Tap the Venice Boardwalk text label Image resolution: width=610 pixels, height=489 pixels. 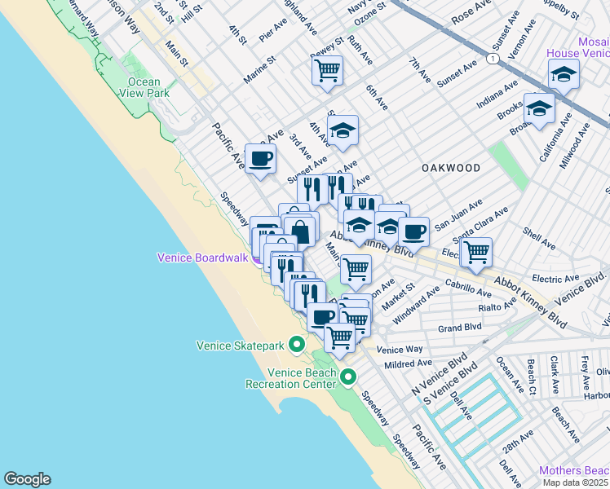click(201, 258)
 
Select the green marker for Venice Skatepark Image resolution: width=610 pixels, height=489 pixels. click(297, 345)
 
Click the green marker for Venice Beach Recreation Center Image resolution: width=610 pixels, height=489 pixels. click(348, 377)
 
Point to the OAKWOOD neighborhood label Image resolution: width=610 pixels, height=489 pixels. click(451, 167)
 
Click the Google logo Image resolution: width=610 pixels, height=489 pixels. click(27, 479)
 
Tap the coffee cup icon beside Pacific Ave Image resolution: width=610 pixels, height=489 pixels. click(260, 158)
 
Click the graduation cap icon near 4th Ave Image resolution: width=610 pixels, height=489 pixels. click(343, 130)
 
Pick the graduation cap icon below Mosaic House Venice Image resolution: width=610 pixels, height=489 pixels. click(539, 108)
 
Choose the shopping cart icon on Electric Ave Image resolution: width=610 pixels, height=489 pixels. click(475, 253)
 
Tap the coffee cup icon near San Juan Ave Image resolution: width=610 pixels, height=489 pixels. click(413, 231)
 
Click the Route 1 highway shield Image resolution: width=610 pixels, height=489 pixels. click(492, 59)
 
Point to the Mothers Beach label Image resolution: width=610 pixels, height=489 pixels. click(573, 471)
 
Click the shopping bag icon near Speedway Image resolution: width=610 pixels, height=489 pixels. click(300, 231)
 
